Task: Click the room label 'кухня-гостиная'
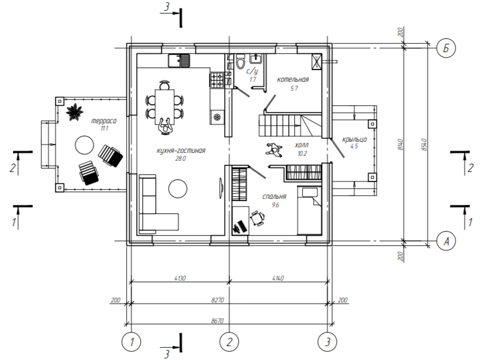181,151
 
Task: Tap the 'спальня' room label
274,197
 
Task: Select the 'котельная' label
293,80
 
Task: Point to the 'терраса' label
104,121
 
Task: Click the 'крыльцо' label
355,139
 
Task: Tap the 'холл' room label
302,145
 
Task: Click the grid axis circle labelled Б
446,48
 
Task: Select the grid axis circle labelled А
446,241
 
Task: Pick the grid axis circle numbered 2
229,342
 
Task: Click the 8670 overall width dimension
217,321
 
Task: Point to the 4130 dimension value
180,278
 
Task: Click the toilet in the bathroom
240,62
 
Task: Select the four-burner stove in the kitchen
217,80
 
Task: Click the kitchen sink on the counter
179,60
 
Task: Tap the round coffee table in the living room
178,188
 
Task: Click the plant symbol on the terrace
75,113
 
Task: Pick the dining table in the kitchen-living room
165,106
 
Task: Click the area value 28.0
180,158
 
